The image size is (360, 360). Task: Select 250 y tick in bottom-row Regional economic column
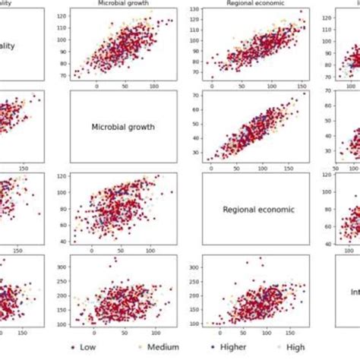194,283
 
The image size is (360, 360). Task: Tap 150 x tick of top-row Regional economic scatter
304,86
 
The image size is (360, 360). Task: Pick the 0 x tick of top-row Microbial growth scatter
96,86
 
